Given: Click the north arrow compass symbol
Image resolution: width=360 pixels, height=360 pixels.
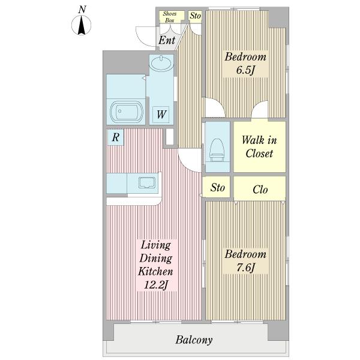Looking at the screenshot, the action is [81, 25].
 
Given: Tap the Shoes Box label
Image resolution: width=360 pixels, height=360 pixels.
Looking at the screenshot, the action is [170, 17].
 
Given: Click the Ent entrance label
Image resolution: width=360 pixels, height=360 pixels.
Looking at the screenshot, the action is [167, 40].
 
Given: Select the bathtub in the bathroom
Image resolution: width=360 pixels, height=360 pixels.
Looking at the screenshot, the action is [127, 112].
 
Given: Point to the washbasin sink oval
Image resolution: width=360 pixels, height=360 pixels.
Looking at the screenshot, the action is [161, 62].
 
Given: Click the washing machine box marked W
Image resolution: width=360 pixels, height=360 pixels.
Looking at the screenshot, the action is [161, 115].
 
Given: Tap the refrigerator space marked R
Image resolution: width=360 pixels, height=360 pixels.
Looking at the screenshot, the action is [116, 137].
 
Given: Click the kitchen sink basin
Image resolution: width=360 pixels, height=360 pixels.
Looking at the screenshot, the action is [147, 182].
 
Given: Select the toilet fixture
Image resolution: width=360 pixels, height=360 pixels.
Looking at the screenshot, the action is [217, 151].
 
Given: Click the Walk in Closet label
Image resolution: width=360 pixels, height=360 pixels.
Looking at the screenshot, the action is [259, 147].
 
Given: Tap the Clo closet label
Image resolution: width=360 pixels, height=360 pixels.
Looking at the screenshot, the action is [260, 190].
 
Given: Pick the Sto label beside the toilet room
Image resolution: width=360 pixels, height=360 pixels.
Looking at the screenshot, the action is [217, 187].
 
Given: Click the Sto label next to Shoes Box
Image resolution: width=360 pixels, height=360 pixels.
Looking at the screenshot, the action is [196, 16].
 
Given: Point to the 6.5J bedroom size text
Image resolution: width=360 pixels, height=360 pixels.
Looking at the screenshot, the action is [245, 70].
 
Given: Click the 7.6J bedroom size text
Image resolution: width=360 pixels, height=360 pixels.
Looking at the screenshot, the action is [245, 268].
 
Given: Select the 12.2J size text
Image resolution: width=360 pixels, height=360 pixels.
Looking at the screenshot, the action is [156, 285].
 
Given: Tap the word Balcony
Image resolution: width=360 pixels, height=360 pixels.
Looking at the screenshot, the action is [194, 340].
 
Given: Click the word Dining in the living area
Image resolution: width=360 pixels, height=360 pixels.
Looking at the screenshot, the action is [156, 258].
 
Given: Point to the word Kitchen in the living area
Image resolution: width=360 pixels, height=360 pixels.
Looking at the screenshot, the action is [155, 271].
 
